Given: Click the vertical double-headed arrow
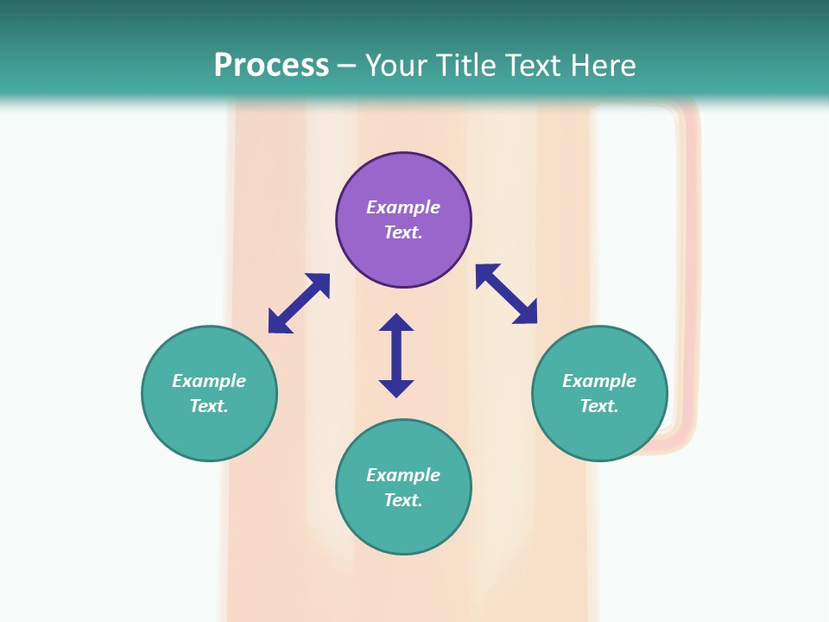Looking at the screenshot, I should pyautogui.click(x=396, y=355).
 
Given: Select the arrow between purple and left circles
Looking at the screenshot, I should pyautogui.click(x=299, y=303).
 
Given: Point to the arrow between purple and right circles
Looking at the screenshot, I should pyautogui.click(x=506, y=294).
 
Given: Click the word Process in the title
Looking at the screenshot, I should pyautogui.click(x=271, y=66).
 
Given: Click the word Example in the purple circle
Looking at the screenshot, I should pyautogui.click(x=403, y=207).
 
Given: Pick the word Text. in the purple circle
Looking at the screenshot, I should pyautogui.click(x=403, y=232).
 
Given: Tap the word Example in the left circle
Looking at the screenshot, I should pyautogui.click(x=209, y=381).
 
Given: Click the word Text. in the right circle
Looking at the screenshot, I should pyautogui.click(x=599, y=406).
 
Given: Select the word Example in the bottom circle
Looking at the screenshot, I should pyautogui.click(x=403, y=475).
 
